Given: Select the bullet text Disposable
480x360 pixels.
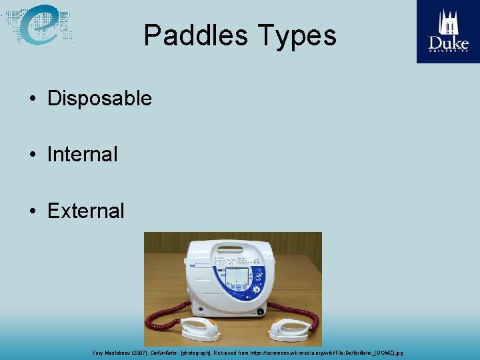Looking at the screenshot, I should [99, 99].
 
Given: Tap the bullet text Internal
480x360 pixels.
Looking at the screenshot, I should [82, 155].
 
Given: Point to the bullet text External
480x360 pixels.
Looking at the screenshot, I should [85, 211].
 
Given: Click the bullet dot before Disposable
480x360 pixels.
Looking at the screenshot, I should [32, 99].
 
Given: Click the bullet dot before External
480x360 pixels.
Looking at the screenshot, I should [32, 211].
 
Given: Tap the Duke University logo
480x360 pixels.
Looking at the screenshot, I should [448, 31].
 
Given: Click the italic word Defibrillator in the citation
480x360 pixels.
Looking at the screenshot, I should [163, 352].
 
